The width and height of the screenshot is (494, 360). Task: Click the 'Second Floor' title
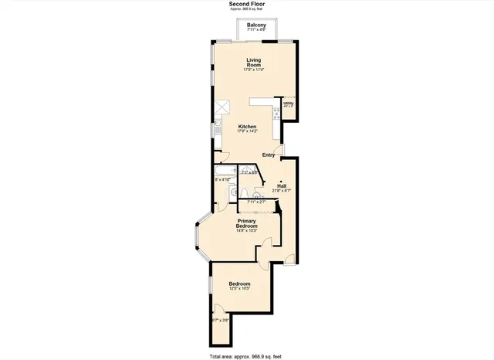point(246,4)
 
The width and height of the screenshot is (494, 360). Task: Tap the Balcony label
point(256,25)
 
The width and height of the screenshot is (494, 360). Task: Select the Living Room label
point(255,63)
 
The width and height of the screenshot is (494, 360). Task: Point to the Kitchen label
point(247,127)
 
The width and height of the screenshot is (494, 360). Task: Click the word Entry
point(268,155)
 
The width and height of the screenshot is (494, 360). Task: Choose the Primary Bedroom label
point(246,223)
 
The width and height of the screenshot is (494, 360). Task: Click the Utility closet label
point(288,103)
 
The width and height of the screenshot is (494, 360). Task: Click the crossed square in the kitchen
point(224,107)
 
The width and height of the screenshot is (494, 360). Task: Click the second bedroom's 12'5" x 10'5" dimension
point(239,289)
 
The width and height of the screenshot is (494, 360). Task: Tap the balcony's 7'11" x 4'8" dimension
point(256,30)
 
